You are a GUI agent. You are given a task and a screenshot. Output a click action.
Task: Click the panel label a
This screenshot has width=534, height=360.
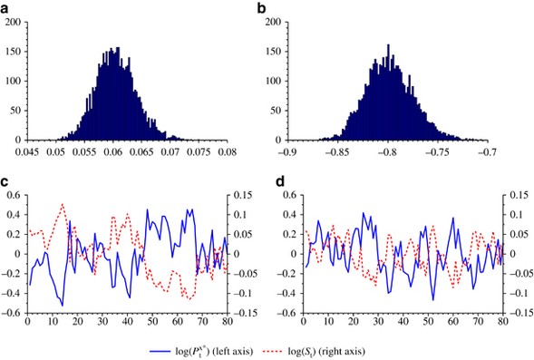(x=5, y=8)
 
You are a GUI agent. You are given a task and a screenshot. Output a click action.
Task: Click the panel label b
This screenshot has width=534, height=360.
(x=286, y=8)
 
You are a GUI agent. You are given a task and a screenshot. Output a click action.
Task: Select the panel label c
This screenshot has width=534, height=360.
(x=5, y=185)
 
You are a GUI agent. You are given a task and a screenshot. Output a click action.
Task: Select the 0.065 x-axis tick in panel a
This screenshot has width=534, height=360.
(x=142, y=152)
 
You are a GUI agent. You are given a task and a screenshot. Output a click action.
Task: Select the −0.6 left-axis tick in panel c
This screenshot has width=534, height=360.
(x=12, y=313)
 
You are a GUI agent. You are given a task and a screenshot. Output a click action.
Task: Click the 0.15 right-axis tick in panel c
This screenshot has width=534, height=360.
(x=244, y=194)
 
